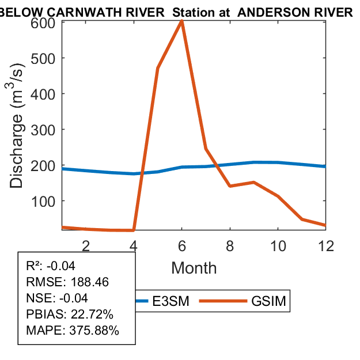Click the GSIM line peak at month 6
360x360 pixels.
[x=182, y=21]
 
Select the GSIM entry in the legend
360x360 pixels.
[x=268, y=301]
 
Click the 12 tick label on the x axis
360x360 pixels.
[x=326, y=245]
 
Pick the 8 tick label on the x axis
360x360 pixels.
[x=230, y=245]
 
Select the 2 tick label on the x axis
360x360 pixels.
[x=86, y=245]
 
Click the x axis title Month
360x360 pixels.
[x=194, y=268]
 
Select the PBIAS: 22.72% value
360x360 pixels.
[x=70, y=315]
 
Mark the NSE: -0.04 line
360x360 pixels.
[x=59, y=298]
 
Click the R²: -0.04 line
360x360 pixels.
[x=51, y=266]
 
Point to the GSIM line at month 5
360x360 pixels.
[x=158, y=69]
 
